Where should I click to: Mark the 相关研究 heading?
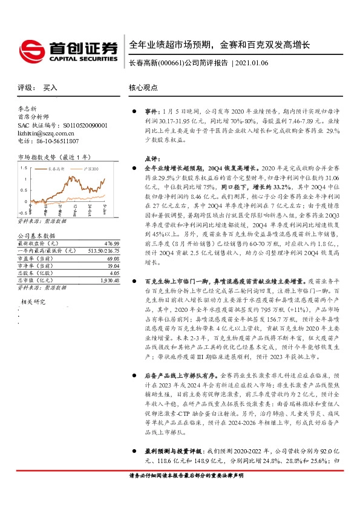pyautogui.click(x=34, y=300)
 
